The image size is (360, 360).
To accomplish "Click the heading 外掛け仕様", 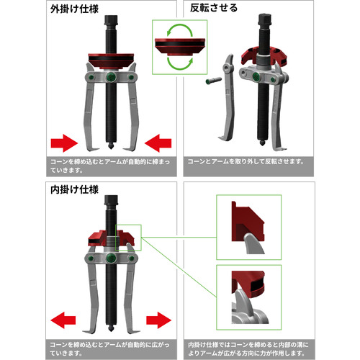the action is (x=74, y=9).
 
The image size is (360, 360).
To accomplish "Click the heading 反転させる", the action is (x=214, y=8).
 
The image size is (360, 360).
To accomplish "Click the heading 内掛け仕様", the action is (x=74, y=189).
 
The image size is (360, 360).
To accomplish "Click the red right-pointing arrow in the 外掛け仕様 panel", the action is (x=64, y=143).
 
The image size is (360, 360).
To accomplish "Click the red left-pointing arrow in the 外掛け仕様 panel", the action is (x=158, y=143).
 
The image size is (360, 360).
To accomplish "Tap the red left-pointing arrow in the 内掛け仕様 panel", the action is (x=63, y=320).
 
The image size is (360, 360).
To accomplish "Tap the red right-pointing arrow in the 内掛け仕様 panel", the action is (x=159, y=320).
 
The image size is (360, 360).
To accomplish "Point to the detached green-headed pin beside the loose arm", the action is (x=214, y=81).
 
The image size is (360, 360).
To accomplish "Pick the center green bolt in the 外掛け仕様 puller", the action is (x=111, y=77).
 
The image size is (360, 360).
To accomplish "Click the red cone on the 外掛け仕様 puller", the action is (x=111, y=61).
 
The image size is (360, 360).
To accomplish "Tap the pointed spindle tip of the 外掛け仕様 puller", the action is (x=111, y=146).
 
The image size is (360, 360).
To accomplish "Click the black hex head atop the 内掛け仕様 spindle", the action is (x=111, y=200).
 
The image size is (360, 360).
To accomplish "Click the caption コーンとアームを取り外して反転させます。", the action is (x=246, y=161).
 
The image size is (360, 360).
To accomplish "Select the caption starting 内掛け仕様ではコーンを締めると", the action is (x=248, y=349).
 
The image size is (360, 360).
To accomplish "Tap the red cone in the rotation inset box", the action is (x=180, y=46).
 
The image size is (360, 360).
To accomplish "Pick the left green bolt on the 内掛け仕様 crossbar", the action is (x=91, y=258).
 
